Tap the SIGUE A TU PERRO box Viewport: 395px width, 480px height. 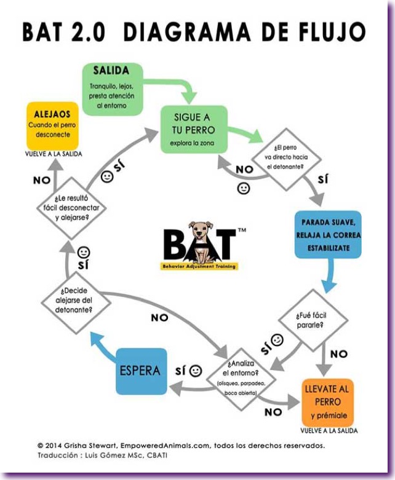tap(194, 130)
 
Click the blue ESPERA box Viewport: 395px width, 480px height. tap(140, 371)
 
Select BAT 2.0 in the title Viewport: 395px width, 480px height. tap(68, 31)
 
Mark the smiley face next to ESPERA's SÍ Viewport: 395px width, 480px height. tap(196, 371)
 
